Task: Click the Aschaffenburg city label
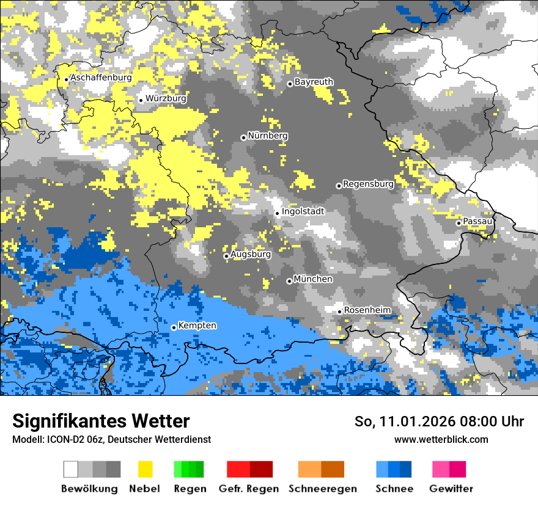[x=101, y=78]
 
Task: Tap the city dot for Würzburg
[x=141, y=100]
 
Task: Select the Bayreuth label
[x=314, y=82]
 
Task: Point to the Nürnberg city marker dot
[x=243, y=137]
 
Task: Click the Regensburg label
[x=368, y=184]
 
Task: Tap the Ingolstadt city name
[x=303, y=212]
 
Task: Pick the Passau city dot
[x=459, y=223]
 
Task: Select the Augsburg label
[x=251, y=254]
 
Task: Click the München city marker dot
[x=289, y=281]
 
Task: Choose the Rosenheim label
[x=367, y=310]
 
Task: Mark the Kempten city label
[x=197, y=326]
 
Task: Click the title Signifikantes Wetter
[x=101, y=421]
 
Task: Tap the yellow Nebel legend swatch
[x=145, y=469]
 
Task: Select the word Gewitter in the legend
[x=451, y=489]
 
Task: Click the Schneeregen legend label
[x=322, y=489]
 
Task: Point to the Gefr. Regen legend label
[x=249, y=489]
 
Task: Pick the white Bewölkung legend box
[x=71, y=469]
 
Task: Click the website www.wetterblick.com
[x=441, y=440]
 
